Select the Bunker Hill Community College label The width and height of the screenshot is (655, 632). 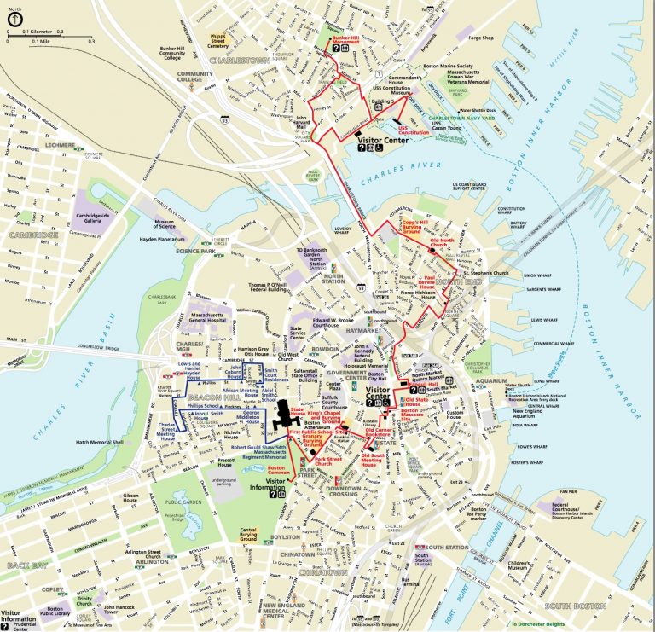(183, 54)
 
